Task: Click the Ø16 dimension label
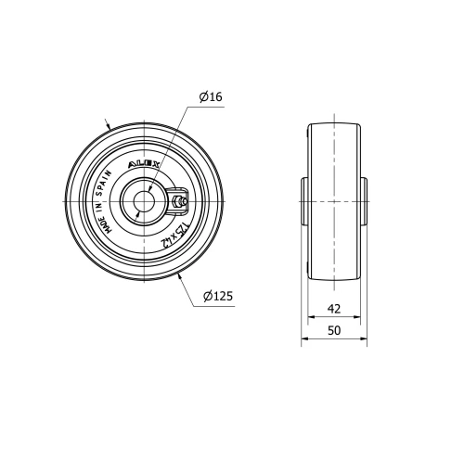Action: tap(211, 96)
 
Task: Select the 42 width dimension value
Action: tap(334, 310)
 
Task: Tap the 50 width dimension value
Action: tap(334, 331)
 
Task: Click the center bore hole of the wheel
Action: tap(145, 200)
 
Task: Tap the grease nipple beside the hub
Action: tap(180, 200)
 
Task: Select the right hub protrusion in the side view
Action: tap(364, 200)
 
